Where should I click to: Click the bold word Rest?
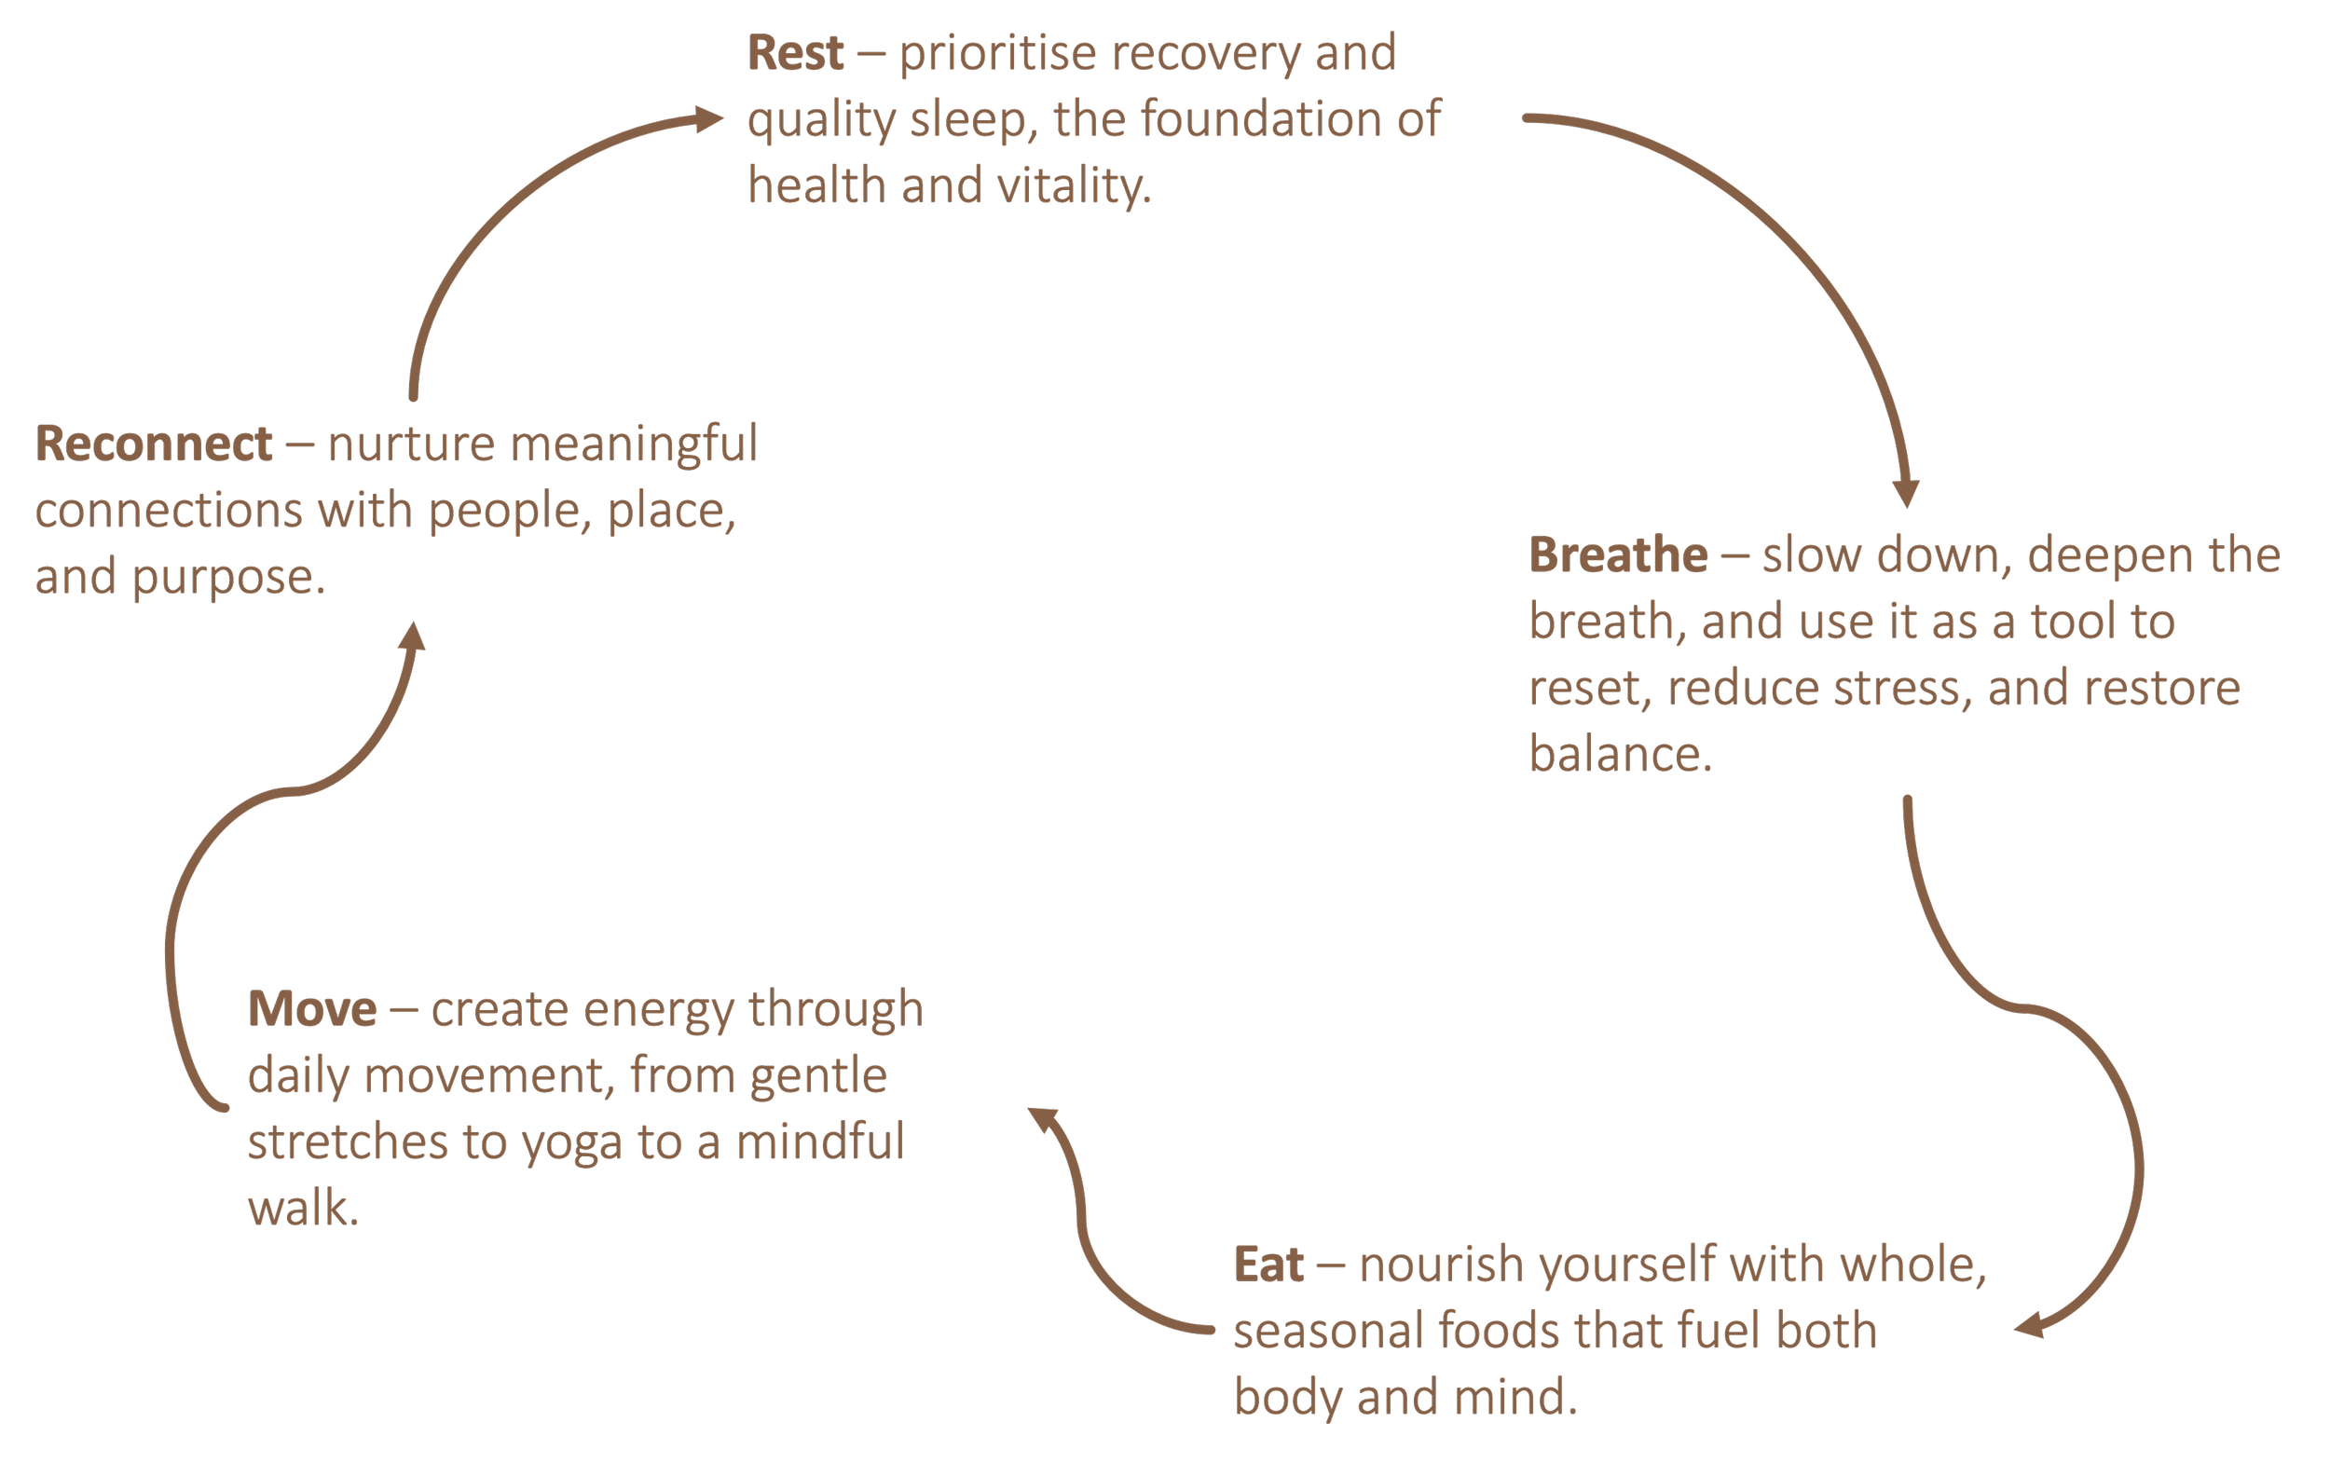(795, 53)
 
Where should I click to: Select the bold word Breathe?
(1618, 555)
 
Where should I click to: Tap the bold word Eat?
(1268, 1265)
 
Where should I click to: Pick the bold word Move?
(311, 1009)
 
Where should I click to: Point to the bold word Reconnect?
(154, 444)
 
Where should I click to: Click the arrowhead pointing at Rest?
(709, 119)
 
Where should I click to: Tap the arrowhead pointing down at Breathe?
(1905, 493)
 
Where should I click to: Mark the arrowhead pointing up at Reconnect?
(414, 636)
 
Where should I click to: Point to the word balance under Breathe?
(1619, 755)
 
